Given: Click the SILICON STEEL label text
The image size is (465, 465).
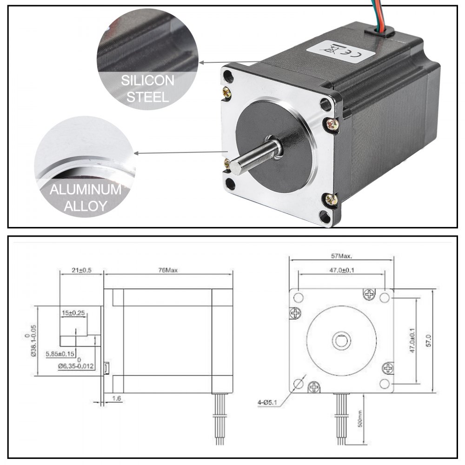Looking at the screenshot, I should [x=147, y=89].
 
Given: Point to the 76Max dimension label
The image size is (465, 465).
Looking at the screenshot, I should [x=168, y=270].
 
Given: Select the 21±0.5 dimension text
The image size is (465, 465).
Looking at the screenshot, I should [x=81, y=270].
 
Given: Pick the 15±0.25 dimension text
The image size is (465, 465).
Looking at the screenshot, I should [x=73, y=313].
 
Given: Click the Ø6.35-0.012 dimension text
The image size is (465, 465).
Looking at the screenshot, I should [x=76, y=366].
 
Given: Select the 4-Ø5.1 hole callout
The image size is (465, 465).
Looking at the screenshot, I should [x=269, y=402].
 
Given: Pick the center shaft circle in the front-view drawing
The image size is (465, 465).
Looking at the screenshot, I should [x=341, y=340].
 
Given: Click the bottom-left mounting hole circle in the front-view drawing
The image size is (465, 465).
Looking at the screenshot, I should [x=298, y=384].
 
